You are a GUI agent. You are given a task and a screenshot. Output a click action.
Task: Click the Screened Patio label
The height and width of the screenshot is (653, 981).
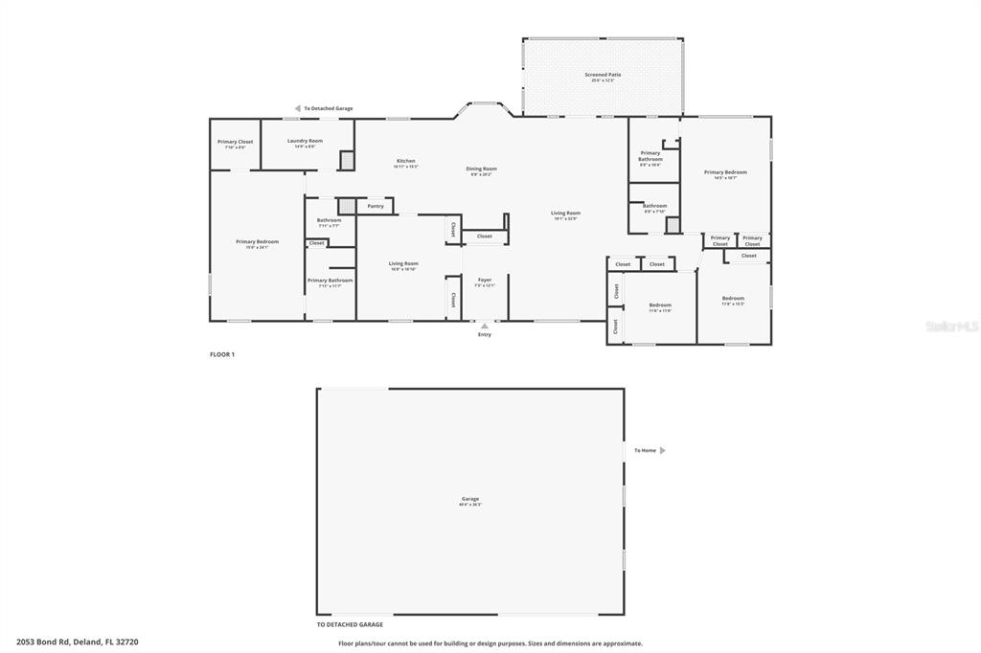tap(603, 75)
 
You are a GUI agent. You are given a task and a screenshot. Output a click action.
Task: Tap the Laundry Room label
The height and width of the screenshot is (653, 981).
tap(305, 141)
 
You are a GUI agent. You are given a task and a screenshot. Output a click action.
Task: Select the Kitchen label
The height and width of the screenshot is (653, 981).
tap(406, 161)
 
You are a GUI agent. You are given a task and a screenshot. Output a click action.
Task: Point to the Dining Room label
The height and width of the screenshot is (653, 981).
tap(481, 169)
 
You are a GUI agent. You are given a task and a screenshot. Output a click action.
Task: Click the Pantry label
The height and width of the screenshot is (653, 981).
tap(375, 206)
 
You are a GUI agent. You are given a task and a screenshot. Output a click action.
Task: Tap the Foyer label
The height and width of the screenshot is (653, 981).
tap(485, 280)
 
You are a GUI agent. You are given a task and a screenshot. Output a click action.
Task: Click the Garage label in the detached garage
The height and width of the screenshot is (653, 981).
tap(470, 499)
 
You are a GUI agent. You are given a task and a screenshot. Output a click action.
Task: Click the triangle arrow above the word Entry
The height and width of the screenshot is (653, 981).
tap(485, 326)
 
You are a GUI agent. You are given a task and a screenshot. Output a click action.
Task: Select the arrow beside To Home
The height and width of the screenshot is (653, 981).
tap(662, 450)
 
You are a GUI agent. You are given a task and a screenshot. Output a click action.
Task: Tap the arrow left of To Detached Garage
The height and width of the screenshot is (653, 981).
tap(298, 108)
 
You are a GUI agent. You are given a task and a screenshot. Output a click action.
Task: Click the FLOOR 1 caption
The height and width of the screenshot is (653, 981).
tap(222, 354)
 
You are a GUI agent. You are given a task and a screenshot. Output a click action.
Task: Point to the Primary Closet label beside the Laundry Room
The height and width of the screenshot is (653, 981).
tap(235, 142)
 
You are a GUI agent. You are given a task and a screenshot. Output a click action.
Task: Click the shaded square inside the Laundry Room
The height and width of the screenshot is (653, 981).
tap(347, 161)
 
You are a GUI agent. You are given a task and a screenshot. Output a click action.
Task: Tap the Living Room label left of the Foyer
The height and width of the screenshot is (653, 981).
tap(403, 263)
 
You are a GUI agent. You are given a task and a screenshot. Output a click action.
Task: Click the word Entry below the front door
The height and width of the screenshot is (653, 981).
tap(485, 335)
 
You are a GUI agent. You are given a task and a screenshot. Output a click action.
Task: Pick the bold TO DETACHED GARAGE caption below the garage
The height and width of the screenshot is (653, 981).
tap(350, 624)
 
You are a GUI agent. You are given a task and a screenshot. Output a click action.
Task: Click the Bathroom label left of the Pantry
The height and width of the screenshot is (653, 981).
tap(329, 220)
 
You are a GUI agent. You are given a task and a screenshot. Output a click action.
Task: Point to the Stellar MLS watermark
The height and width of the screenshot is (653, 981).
tap(950, 326)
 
